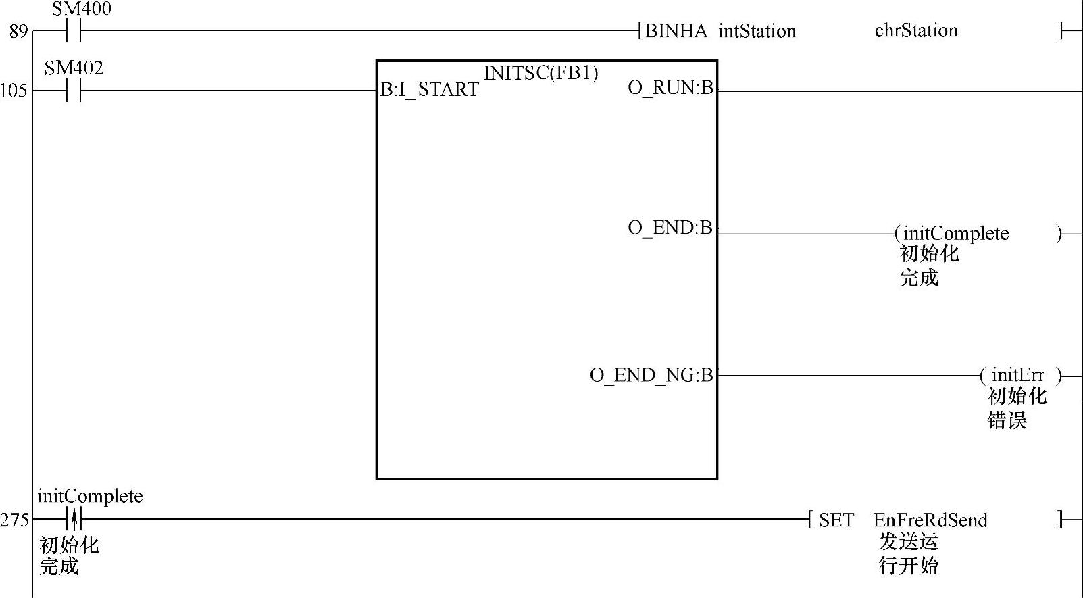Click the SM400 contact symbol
coord(74,30)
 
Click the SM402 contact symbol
coord(74,91)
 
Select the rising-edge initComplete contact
coord(74,520)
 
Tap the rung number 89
coord(18,32)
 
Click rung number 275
coord(15,520)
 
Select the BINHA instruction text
coord(676,31)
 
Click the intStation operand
coord(757,31)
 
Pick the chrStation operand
coord(915,30)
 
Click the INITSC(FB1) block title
coord(540,73)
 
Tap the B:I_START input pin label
coord(429,90)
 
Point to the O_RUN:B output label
coord(670,88)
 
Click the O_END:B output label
coord(670,228)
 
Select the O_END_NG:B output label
coord(651,375)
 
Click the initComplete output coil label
coord(956,234)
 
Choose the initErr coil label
coord(1017,375)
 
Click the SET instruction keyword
coord(836,520)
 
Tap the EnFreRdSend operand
coord(930,520)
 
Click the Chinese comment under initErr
coord(1016,408)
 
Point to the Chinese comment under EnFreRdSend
coord(908,553)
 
